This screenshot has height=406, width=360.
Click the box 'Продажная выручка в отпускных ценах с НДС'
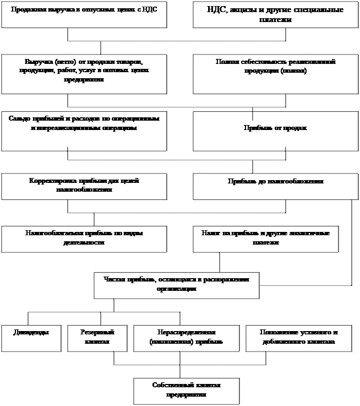pos(84,15)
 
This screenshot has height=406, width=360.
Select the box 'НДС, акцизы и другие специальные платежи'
pos(275,15)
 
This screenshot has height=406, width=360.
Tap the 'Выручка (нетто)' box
pos(84,74)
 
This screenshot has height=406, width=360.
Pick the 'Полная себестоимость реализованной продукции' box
pos(275,74)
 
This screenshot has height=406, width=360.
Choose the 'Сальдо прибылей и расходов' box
pos(84,131)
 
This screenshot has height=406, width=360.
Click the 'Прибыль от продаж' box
pos(275,131)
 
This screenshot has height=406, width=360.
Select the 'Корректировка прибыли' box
pos(84,187)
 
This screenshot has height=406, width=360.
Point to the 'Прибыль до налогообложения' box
pos(275,187)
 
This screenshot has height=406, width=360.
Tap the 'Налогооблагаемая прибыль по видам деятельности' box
pos(84,239)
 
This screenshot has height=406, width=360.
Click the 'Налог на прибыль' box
pos(265,239)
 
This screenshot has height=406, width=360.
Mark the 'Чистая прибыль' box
pos(176,285)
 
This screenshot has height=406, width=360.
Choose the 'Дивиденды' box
pos(30,338)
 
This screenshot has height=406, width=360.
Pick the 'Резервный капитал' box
pos(97,338)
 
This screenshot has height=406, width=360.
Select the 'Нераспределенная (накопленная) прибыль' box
pos(186,338)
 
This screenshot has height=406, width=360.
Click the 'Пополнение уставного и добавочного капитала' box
pos(299,338)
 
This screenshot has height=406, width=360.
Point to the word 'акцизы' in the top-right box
pos(250,10)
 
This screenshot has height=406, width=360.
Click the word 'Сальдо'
pos(20,119)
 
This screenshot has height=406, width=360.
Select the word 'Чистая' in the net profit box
pos(114,279)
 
